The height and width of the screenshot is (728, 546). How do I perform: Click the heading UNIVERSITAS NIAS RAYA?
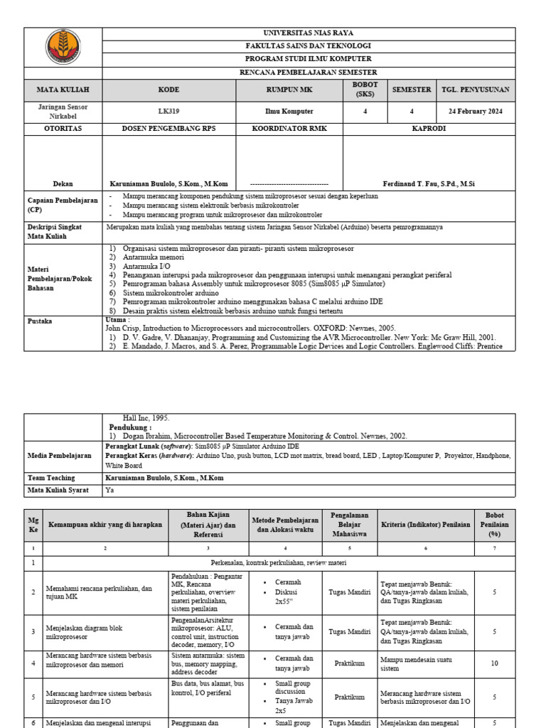tap(308, 33)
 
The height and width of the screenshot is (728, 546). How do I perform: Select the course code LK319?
tap(168, 112)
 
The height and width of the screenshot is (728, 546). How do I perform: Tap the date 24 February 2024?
tap(475, 112)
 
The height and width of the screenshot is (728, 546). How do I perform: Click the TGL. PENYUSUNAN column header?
tap(476, 90)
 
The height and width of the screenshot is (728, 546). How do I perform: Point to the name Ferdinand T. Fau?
tap(429, 183)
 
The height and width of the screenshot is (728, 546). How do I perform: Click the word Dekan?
tap(63, 183)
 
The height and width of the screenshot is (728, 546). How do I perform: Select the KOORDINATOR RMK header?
tap(289, 129)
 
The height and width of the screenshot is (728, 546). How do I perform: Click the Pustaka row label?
tap(40, 321)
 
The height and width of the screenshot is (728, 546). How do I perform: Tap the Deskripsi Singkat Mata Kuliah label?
tap(55, 231)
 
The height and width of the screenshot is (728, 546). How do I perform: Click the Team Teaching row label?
tap(51, 478)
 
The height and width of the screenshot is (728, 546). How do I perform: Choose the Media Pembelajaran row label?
tap(60, 455)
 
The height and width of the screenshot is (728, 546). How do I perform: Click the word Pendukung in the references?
tap(129, 427)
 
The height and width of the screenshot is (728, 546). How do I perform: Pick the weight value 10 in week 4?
tap(494, 663)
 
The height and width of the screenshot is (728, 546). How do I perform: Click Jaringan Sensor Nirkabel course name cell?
tap(63, 112)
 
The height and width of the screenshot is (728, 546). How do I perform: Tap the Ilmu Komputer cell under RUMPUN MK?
tap(289, 112)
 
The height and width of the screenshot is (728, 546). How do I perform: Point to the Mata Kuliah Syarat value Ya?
tap(109, 490)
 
